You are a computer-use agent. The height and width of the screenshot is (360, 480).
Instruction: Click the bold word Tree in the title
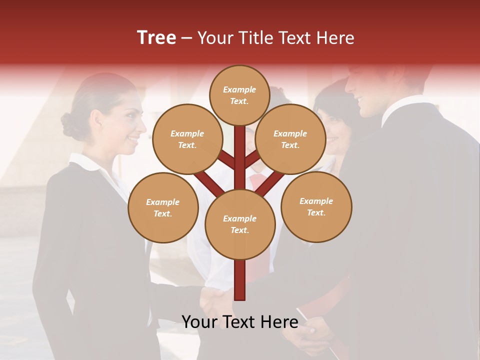pos(156,37)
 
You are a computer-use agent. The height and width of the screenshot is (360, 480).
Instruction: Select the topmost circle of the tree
pos(239,95)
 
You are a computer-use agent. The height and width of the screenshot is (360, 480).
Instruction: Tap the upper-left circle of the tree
pos(187,139)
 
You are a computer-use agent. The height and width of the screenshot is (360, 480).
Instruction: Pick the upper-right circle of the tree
pos(290,139)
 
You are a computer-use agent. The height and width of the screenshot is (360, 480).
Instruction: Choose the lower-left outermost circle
pos(163,207)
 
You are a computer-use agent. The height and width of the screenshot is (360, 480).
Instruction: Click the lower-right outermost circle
pos(316,206)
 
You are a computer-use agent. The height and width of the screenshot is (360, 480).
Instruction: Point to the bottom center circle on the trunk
pos(240,224)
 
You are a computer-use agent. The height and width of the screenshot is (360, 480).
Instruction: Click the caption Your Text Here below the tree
pos(239,322)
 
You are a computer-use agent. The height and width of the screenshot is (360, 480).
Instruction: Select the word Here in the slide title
pos(335,38)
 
